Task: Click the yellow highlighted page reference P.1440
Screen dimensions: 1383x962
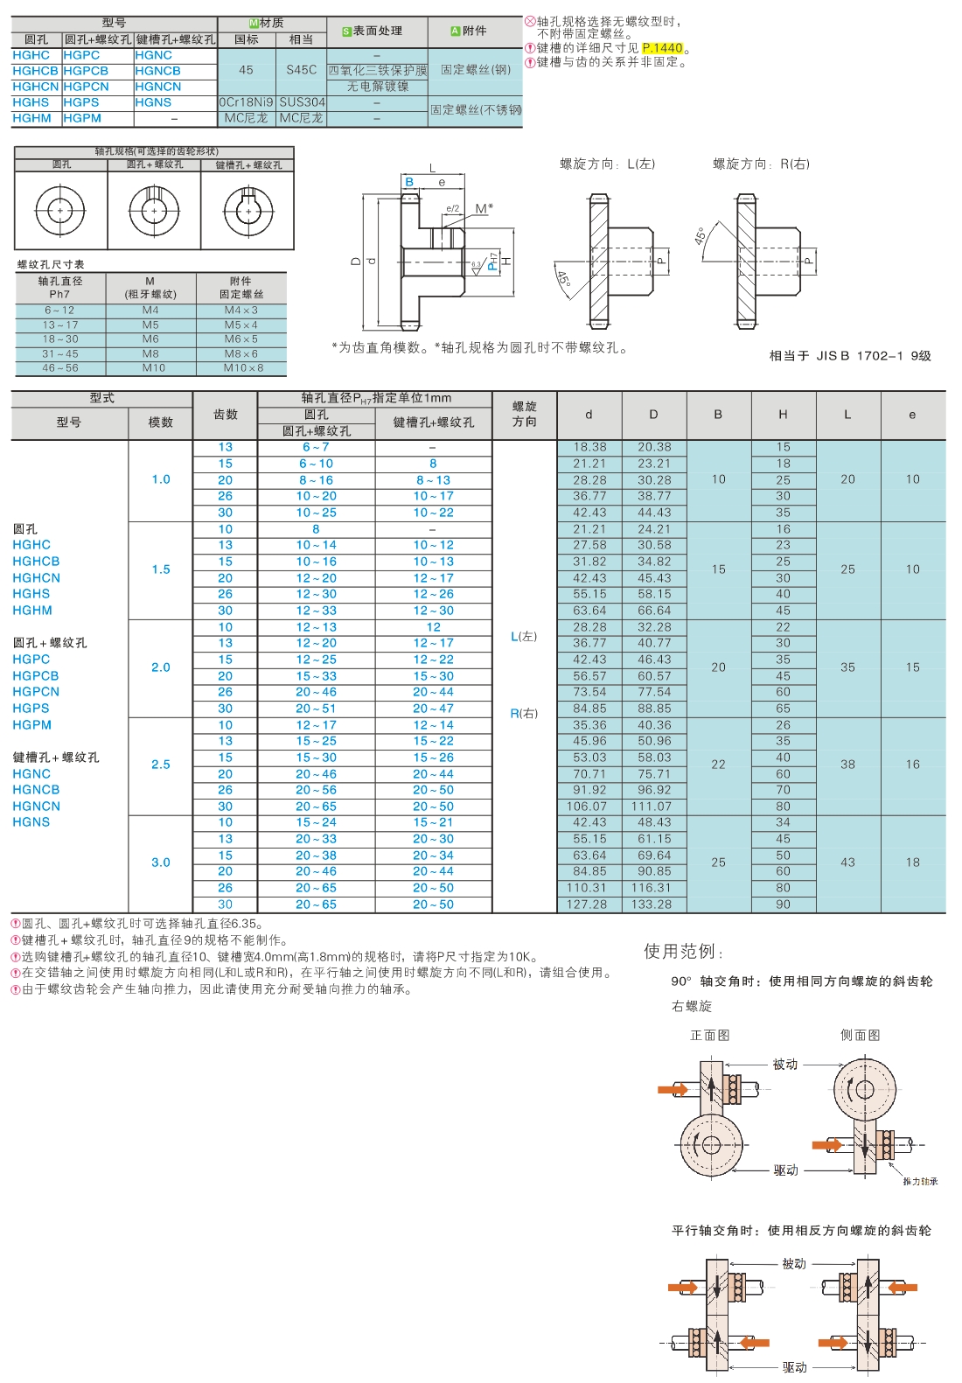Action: point(662,48)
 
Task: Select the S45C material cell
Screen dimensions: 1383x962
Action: point(301,70)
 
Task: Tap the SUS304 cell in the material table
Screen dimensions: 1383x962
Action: point(302,102)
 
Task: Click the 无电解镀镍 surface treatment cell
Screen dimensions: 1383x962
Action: point(377,87)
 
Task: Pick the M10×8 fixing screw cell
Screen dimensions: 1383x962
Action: point(242,368)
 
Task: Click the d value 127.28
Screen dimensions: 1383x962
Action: point(589,905)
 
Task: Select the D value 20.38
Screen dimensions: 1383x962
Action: point(654,447)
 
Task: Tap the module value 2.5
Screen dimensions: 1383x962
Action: point(161,765)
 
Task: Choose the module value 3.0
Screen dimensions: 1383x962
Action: point(161,863)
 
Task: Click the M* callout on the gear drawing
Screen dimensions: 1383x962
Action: point(484,208)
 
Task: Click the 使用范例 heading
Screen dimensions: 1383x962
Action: point(682,952)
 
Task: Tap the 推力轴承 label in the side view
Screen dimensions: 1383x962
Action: point(920,1181)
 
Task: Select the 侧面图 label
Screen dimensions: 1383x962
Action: point(860,1036)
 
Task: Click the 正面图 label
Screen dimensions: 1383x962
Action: point(710,1036)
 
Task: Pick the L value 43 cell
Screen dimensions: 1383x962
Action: point(847,863)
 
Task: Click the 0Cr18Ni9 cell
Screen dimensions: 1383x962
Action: point(246,102)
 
